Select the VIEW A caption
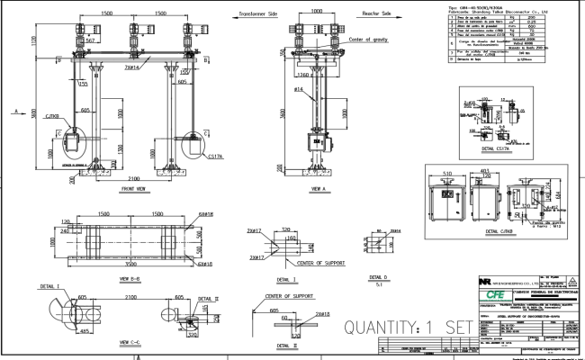point(317,189)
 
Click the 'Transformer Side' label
point(233,15)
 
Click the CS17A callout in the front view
point(214,157)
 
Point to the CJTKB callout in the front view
point(51,116)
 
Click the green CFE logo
point(495,294)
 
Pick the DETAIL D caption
point(378,277)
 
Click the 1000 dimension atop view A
point(316,12)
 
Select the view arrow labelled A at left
point(17,112)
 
